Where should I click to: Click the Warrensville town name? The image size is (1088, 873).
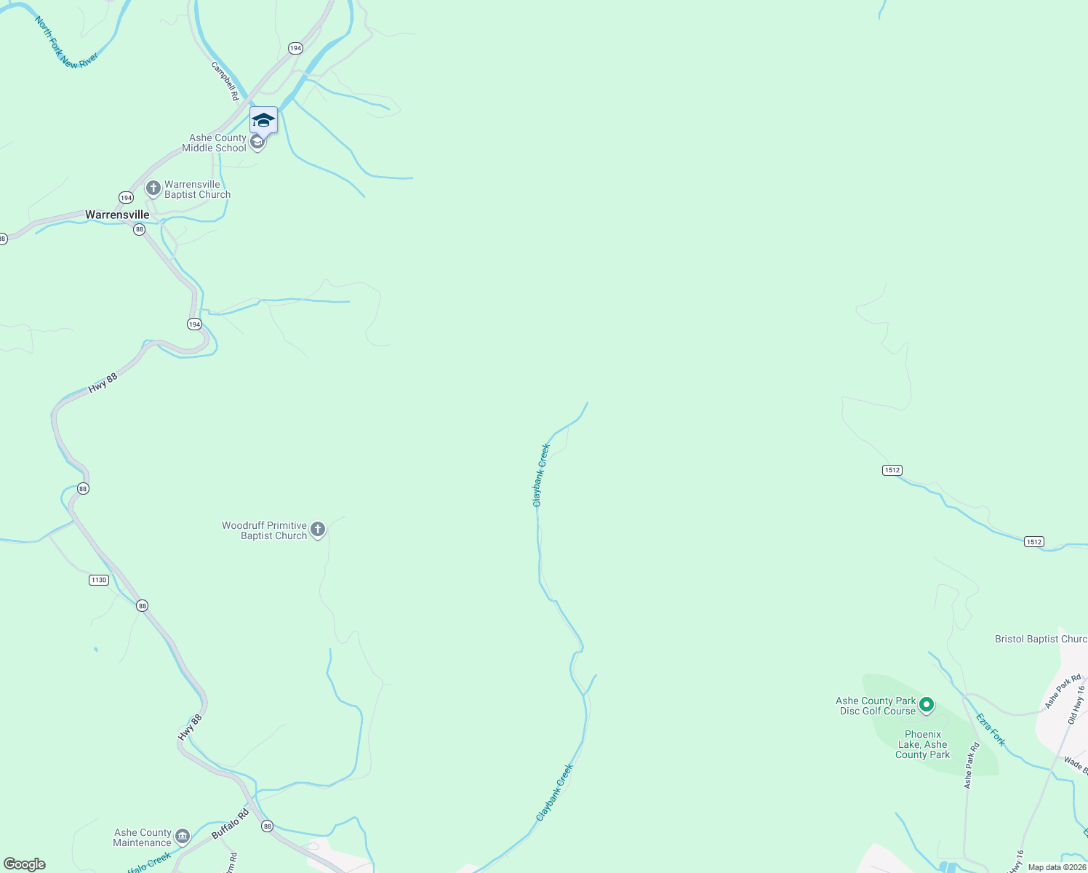pos(117,215)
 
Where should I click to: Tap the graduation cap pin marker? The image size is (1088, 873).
pos(263,120)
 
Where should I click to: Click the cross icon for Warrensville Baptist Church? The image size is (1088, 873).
pos(153,189)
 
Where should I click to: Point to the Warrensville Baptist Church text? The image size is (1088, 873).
pos(197,189)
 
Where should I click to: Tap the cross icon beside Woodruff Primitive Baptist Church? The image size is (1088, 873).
pos(318,530)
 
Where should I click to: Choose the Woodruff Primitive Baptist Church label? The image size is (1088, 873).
pos(265,530)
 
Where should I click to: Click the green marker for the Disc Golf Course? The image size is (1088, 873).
pos(927,704)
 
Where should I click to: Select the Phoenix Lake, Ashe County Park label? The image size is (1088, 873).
pos(922,744)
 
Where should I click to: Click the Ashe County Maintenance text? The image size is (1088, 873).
pos(142,837)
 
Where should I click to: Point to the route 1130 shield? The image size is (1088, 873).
pos(99,580)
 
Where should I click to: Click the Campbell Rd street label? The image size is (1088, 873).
pos(225,81)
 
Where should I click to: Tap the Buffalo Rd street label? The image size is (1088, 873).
pos(230,824)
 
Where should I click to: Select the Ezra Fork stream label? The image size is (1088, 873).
pos(991,730)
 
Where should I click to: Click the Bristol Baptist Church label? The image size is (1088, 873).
pos(1041,639)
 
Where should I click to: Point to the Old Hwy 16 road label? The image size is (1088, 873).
pos(1076,704)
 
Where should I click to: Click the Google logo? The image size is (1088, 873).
pos(25,864)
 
